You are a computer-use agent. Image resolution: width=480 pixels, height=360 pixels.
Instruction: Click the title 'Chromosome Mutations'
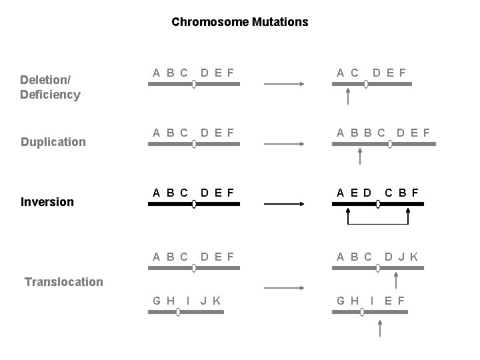click(x=239, y=22)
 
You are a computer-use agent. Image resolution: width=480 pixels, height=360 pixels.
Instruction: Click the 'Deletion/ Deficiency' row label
click(x=50, y=87)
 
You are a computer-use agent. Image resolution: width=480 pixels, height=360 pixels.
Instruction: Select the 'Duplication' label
click(x=53, y=141)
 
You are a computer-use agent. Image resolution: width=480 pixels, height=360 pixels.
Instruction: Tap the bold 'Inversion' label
click(x=47, y=201)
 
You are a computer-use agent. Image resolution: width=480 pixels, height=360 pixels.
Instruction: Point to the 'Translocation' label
click(x=64, y=281)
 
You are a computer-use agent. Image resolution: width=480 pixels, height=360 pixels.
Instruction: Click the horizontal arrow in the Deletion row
click(x=285, y=84)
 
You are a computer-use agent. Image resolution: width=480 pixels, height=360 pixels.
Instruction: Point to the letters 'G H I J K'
click(x=187, y=301)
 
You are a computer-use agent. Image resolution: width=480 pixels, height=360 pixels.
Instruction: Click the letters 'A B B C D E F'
click(x=383, y=133)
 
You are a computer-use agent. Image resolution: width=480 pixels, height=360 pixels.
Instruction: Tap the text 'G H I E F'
click(x=370, y=301)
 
